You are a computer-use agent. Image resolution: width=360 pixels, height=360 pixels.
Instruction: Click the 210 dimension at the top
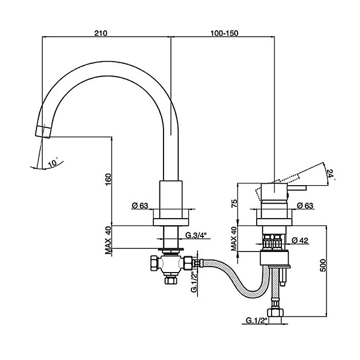point(100,33)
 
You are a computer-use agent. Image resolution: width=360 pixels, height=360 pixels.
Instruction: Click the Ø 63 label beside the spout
point(140,206)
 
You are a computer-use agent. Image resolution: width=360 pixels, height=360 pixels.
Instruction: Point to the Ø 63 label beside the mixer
point(307,206)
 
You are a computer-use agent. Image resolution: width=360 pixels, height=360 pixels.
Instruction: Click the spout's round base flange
point(171,222)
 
